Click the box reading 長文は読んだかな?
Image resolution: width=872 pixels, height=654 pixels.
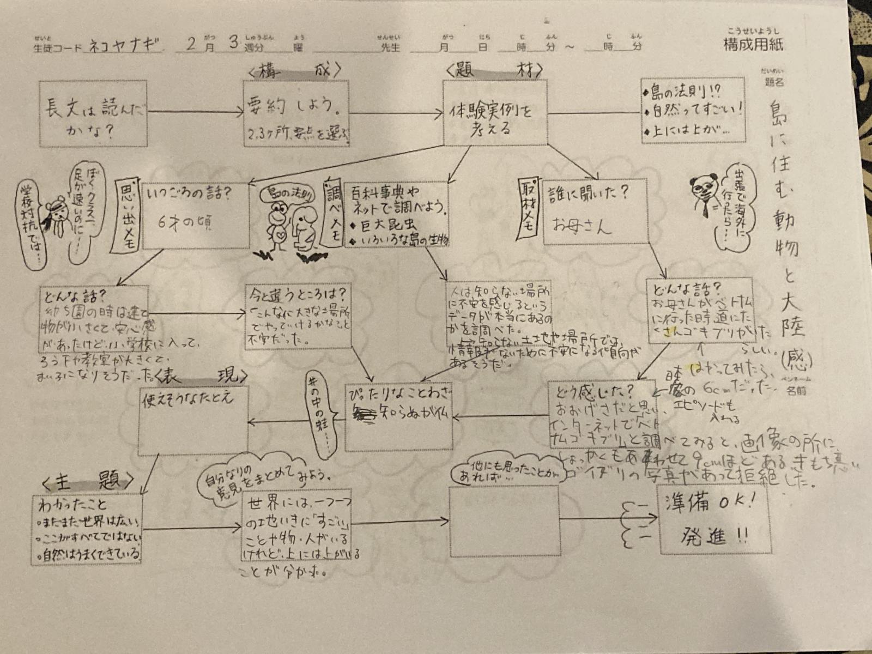pos(93,114)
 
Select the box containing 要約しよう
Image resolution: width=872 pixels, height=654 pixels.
pos(296,114)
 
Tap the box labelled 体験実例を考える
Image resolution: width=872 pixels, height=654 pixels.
pos(494,113)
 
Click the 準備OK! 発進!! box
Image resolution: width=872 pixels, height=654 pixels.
pos(714,519)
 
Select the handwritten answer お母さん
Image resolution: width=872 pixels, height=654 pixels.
pos(582,225)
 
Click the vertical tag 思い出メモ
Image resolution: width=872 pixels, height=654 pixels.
pos(127,216)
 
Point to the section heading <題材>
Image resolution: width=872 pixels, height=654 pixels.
pos(494,71)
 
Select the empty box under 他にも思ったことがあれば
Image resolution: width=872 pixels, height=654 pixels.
pos(504,520)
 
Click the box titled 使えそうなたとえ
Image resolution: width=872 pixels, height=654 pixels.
pos(193,421)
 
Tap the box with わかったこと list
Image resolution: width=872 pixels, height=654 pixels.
pos(87,529)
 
